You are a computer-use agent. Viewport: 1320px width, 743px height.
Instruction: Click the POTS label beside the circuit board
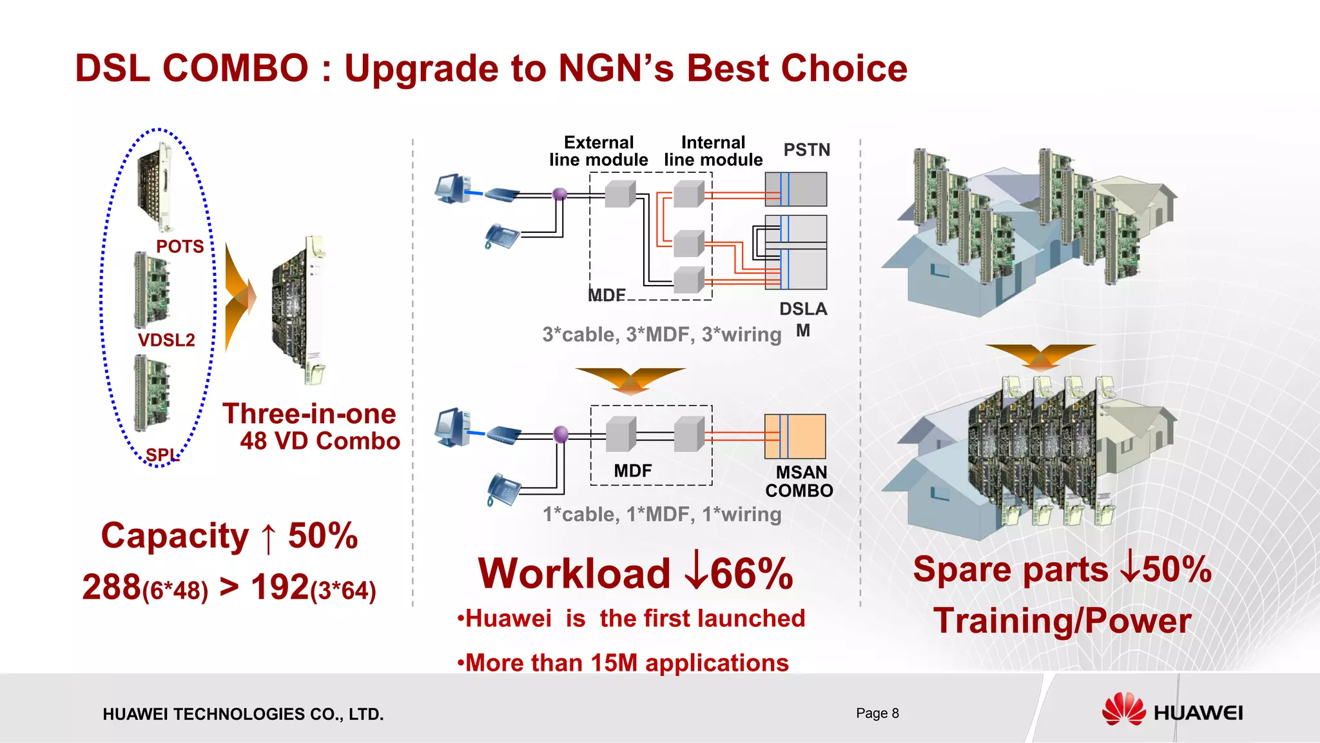click(x=180, y=246)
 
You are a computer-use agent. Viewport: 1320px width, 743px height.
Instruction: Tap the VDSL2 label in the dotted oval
click(x=166, y=340)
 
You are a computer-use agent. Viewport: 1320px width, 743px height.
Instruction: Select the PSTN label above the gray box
click(x=806, y=150)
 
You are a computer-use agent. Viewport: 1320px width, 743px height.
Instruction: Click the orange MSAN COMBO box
click(x=795, y=437)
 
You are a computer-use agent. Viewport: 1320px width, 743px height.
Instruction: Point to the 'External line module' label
click(x=598, y=152)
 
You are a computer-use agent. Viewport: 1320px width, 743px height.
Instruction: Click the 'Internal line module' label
click(x=713, y=152)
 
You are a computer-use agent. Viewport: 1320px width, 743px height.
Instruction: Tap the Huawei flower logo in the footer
click(x=1123, y=710)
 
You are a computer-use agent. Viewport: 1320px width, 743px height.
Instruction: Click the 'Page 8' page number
click(x=877, y=713)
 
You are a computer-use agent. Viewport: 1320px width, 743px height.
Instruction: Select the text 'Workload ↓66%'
click(x=636, y=573)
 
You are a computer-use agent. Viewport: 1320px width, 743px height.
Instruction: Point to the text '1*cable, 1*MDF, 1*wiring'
click(x=662, y=514)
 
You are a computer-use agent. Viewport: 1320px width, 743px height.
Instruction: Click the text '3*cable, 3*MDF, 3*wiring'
click(x=662, y=335)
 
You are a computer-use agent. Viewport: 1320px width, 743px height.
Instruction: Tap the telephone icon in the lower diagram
click(x=503, y=490)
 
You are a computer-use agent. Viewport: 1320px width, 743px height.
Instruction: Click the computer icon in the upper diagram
click(x=452, y=188)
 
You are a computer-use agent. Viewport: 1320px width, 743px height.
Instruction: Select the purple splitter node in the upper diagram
click(x=560, y=193)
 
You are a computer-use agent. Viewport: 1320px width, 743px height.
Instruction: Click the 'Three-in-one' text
click(x=309, y=414)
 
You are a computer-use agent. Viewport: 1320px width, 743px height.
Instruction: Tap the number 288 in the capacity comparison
click(x=112, y=587)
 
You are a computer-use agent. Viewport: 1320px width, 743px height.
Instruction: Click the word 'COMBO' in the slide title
click(x=235, y=68)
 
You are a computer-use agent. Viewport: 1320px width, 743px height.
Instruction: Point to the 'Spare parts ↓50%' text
click(x=1062, y=570)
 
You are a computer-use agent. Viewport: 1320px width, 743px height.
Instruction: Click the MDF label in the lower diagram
click(x=632, y=471)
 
